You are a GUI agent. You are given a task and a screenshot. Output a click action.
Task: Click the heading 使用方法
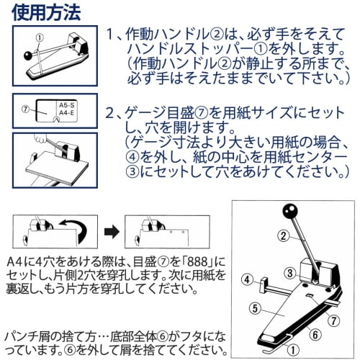click(46, 12)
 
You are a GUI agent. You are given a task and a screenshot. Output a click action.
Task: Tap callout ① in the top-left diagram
click(40, 37)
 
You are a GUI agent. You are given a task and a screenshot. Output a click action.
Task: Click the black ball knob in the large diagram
click(290, 211)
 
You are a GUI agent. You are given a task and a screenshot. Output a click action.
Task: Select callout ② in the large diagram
click(284, 236)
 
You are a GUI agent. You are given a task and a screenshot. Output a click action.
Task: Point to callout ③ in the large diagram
click(290, 273)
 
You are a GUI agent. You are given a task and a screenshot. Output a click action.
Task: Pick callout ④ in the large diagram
click(247, 280)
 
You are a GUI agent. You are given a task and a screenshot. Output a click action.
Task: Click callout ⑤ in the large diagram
click(255, 308)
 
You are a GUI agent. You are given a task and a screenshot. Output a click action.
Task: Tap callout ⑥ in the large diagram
click(315, 335)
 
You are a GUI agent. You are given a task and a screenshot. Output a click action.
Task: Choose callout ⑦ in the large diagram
click(334, 320)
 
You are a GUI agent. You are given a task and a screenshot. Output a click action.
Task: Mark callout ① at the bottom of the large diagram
click(293, 350)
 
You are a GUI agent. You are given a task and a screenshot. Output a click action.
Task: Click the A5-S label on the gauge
click(67, 105)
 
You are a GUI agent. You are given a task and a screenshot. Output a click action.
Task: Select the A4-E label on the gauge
click(67, 112)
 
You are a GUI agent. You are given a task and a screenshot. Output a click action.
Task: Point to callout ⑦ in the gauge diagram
click(25, 109)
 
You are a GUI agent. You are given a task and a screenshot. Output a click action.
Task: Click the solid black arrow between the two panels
click(112, 232)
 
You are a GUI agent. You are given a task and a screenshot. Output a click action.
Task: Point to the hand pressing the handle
click(40, 138)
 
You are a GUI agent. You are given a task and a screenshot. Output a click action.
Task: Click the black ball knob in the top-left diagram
click(28, 55)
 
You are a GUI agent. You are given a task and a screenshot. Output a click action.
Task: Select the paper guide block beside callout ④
click(264, 285)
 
